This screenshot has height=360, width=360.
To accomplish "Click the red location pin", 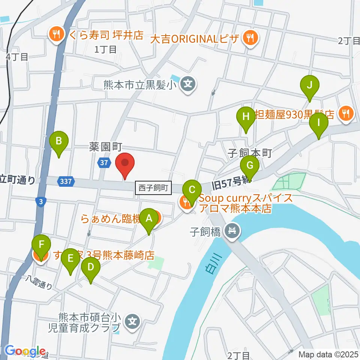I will tap(124, 163).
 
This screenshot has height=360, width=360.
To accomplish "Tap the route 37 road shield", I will tap(104, 162).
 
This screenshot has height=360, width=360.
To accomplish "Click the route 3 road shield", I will tap(40, 201).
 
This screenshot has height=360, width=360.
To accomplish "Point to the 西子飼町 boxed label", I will tap(153, 187).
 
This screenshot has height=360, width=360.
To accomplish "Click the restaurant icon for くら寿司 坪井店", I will tap(57, 35).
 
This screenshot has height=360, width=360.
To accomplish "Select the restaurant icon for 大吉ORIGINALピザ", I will tap(249, 37).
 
